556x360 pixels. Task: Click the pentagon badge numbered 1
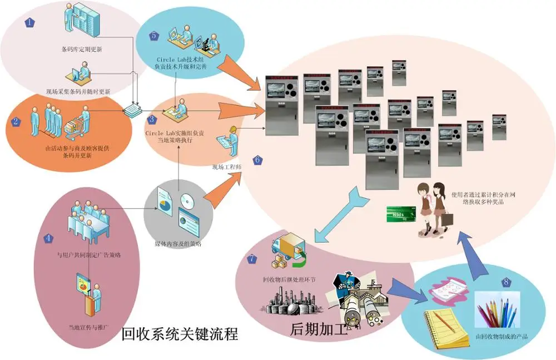point(30,23)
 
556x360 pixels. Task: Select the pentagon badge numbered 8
point(505,282)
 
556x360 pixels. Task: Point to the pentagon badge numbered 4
point(49,238)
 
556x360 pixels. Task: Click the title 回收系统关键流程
point(180,335)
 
